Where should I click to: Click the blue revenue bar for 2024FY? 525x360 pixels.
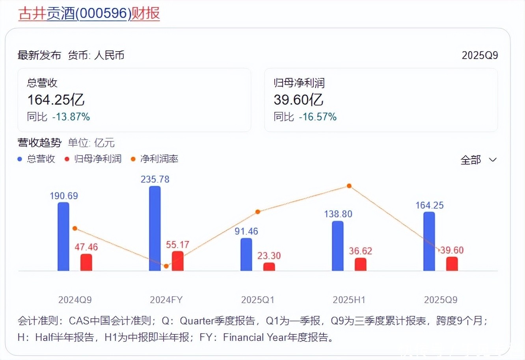155,228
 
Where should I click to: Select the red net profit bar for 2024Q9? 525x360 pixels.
86,262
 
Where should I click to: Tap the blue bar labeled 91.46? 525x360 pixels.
246,254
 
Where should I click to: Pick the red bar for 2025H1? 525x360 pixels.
360,264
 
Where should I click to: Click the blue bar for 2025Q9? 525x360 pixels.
429,241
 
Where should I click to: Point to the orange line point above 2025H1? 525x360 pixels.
349,186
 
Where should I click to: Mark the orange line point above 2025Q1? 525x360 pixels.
258,212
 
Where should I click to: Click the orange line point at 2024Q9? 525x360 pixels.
75,228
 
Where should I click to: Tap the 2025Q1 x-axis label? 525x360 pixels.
258,300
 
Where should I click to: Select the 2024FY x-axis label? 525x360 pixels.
166,300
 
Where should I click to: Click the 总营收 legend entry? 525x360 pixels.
37,159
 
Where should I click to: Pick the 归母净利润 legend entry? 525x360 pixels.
93,159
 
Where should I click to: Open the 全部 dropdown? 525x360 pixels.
478,160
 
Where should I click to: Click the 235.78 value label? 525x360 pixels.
155,180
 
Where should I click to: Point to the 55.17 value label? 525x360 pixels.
177,245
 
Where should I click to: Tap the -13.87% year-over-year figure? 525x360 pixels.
71,117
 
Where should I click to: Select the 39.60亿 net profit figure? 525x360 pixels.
298,100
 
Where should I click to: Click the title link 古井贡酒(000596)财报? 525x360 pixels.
89,13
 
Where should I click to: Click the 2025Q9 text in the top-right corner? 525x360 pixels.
480,56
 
